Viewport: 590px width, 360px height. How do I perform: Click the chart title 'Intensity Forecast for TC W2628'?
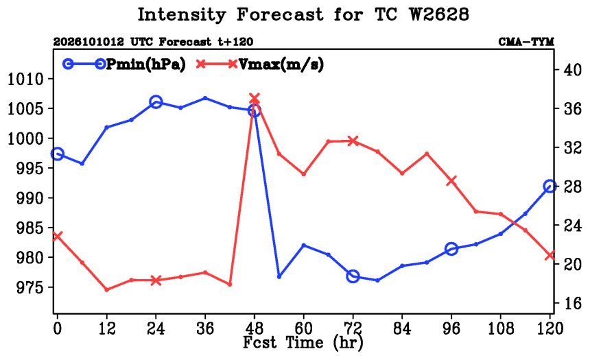303,15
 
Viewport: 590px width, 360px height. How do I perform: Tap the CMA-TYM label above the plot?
526,42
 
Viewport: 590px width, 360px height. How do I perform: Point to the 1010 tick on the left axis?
25,79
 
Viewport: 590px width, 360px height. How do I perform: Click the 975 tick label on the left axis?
30,287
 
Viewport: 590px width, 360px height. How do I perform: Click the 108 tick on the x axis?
500,328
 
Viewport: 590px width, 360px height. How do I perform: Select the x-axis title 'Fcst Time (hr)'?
303,342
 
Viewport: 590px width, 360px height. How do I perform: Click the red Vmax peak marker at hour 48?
255,99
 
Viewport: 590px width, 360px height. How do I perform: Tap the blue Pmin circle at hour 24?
156,102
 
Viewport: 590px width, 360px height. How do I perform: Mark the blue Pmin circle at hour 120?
550,187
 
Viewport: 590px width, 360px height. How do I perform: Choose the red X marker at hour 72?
353,141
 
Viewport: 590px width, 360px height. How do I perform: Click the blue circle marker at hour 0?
57,154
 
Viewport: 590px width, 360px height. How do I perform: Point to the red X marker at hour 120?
550,255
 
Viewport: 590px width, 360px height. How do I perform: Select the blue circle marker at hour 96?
451,249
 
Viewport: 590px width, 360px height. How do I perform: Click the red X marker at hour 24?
156,280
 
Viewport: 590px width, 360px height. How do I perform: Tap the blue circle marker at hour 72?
353,276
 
